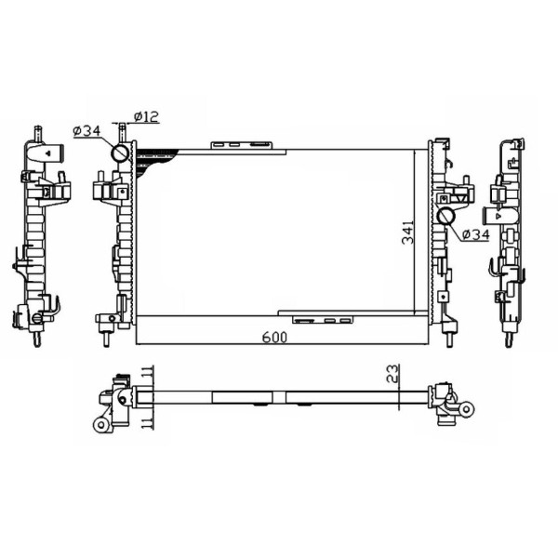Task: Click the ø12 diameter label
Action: pos(147,116)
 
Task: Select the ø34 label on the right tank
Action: pos(474,234)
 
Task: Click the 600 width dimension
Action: pos(273,339)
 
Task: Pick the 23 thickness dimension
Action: pos(393,374)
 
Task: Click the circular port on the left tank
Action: pos(120,153)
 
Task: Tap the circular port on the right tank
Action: pos(445,218)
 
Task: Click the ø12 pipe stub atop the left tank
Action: pos(120,129)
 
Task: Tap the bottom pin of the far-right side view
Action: pos(509,340)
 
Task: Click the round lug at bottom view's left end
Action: pos(100,424)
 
